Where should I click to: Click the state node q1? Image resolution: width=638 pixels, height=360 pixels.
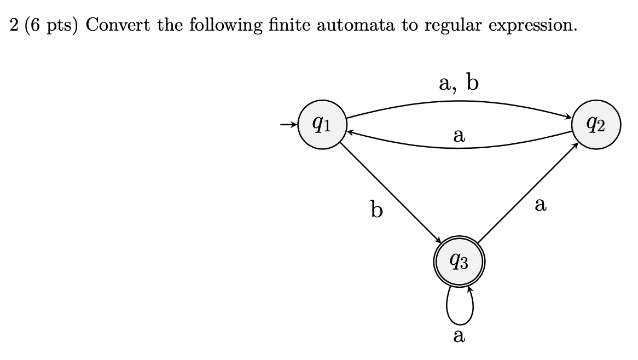[x=322, y=125]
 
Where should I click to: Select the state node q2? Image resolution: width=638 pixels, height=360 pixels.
[x=596, y=125]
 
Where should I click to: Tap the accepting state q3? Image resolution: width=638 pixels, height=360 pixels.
[x=459, y=263]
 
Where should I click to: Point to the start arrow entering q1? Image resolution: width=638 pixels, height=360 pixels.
[x=287, y=125]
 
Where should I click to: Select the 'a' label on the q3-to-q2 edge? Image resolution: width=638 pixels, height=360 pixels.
[x=541, y=205]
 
